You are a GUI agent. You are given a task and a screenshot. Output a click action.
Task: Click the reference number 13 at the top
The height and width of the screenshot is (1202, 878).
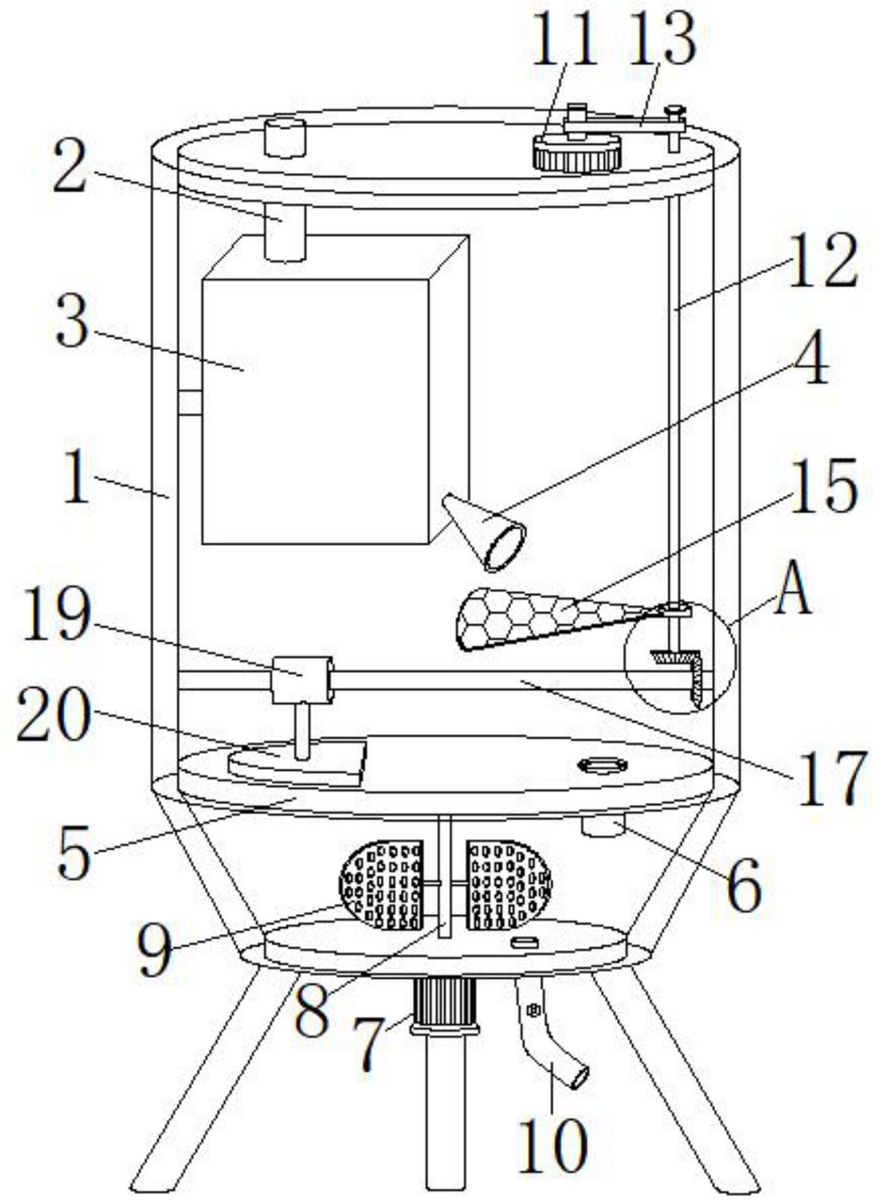[661, 40]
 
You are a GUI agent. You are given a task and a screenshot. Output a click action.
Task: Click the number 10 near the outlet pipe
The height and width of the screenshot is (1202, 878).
[553, 1145]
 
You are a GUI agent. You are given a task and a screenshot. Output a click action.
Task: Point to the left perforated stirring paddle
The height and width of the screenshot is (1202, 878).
[381, 884]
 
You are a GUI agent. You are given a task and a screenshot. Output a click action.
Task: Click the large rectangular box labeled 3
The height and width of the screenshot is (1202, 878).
[335, 389]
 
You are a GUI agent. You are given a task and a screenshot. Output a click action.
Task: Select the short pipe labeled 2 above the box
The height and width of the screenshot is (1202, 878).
[285, 233]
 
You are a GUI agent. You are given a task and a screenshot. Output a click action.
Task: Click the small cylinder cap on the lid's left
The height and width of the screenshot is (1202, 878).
[285, 138]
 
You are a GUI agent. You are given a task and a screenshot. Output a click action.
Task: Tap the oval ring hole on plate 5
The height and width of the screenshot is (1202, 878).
[603, 766]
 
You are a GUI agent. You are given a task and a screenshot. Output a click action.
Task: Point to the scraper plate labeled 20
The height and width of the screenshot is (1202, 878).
[298, 763]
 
